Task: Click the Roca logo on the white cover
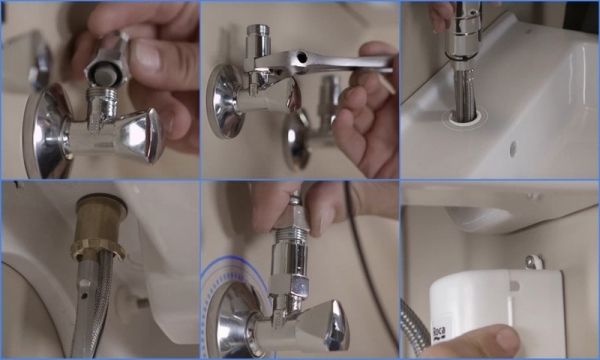[439, 333]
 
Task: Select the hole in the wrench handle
[302, 58]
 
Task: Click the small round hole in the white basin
[513, 149]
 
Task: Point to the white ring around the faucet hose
[463, 117]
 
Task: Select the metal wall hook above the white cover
[535, 262]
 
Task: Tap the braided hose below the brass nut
[100, 302]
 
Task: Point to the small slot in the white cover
[515, 286]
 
